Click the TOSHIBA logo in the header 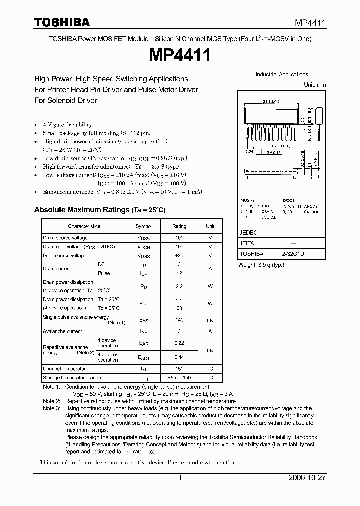pos(62,22)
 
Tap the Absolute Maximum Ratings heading pos(99,210)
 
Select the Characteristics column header pos(84,226)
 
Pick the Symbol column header pos(144,226)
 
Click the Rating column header pos(179,226)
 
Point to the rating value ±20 pos(179,255)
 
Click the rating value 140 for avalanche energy pos(179,320)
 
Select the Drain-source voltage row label pos(65,238)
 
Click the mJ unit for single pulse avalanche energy pos(210,320)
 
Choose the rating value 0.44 pos(179,357)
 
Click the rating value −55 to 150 pos(179,378)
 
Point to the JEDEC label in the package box pos(249,233)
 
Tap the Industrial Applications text pos(282,75)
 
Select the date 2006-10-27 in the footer pos(305,478)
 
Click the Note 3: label pos(51,408)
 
